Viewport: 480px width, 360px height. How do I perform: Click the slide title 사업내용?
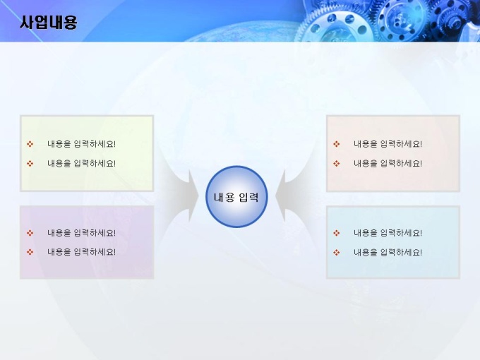pyautogui.click(x=49, y=23)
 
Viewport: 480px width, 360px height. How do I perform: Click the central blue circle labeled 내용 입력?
pyautogui.click(x=236, y=197)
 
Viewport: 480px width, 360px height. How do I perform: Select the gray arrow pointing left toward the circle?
pyautogui.click(x=293, y=196)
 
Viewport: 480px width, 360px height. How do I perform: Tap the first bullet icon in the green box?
pyautogui.click(x=30, y=144)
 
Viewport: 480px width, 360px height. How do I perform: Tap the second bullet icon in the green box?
pyautogui.click(x=30, y=164)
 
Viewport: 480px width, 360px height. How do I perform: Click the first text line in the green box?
pyautogui.click(x=81, y=144)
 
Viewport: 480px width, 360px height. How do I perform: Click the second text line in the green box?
pyautogui.click(x=81, y=164)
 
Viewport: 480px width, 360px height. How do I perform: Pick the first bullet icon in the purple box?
pyautogui.click(x=30, y=233)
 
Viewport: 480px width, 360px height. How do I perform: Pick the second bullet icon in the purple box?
pyautogui.click(x=30, y=252)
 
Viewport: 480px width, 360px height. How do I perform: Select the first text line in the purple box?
pyautogui.click(x=81, y=233)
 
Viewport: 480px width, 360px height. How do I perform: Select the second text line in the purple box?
pyautogui.click(x=81, y=252)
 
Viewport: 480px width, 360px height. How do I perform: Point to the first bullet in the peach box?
pyautogui.click(x=337, y=144)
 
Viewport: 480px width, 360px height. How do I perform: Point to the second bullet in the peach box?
pyautogui.click(x=337, y=164)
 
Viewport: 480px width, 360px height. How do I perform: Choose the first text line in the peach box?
pyautogui.click(x=388, y=144)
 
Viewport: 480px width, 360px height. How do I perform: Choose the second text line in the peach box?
pyautogui.click(x=388, y=164)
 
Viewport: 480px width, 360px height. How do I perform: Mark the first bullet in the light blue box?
pyautogui.click(x=337, y=233)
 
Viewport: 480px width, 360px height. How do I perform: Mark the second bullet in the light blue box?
pyautogui.click(x=337, y=253)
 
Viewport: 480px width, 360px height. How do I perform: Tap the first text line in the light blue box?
pyautogui.click(x=388, y=233)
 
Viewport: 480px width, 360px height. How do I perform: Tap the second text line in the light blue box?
pyautogui.click(x=388, y=253)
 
